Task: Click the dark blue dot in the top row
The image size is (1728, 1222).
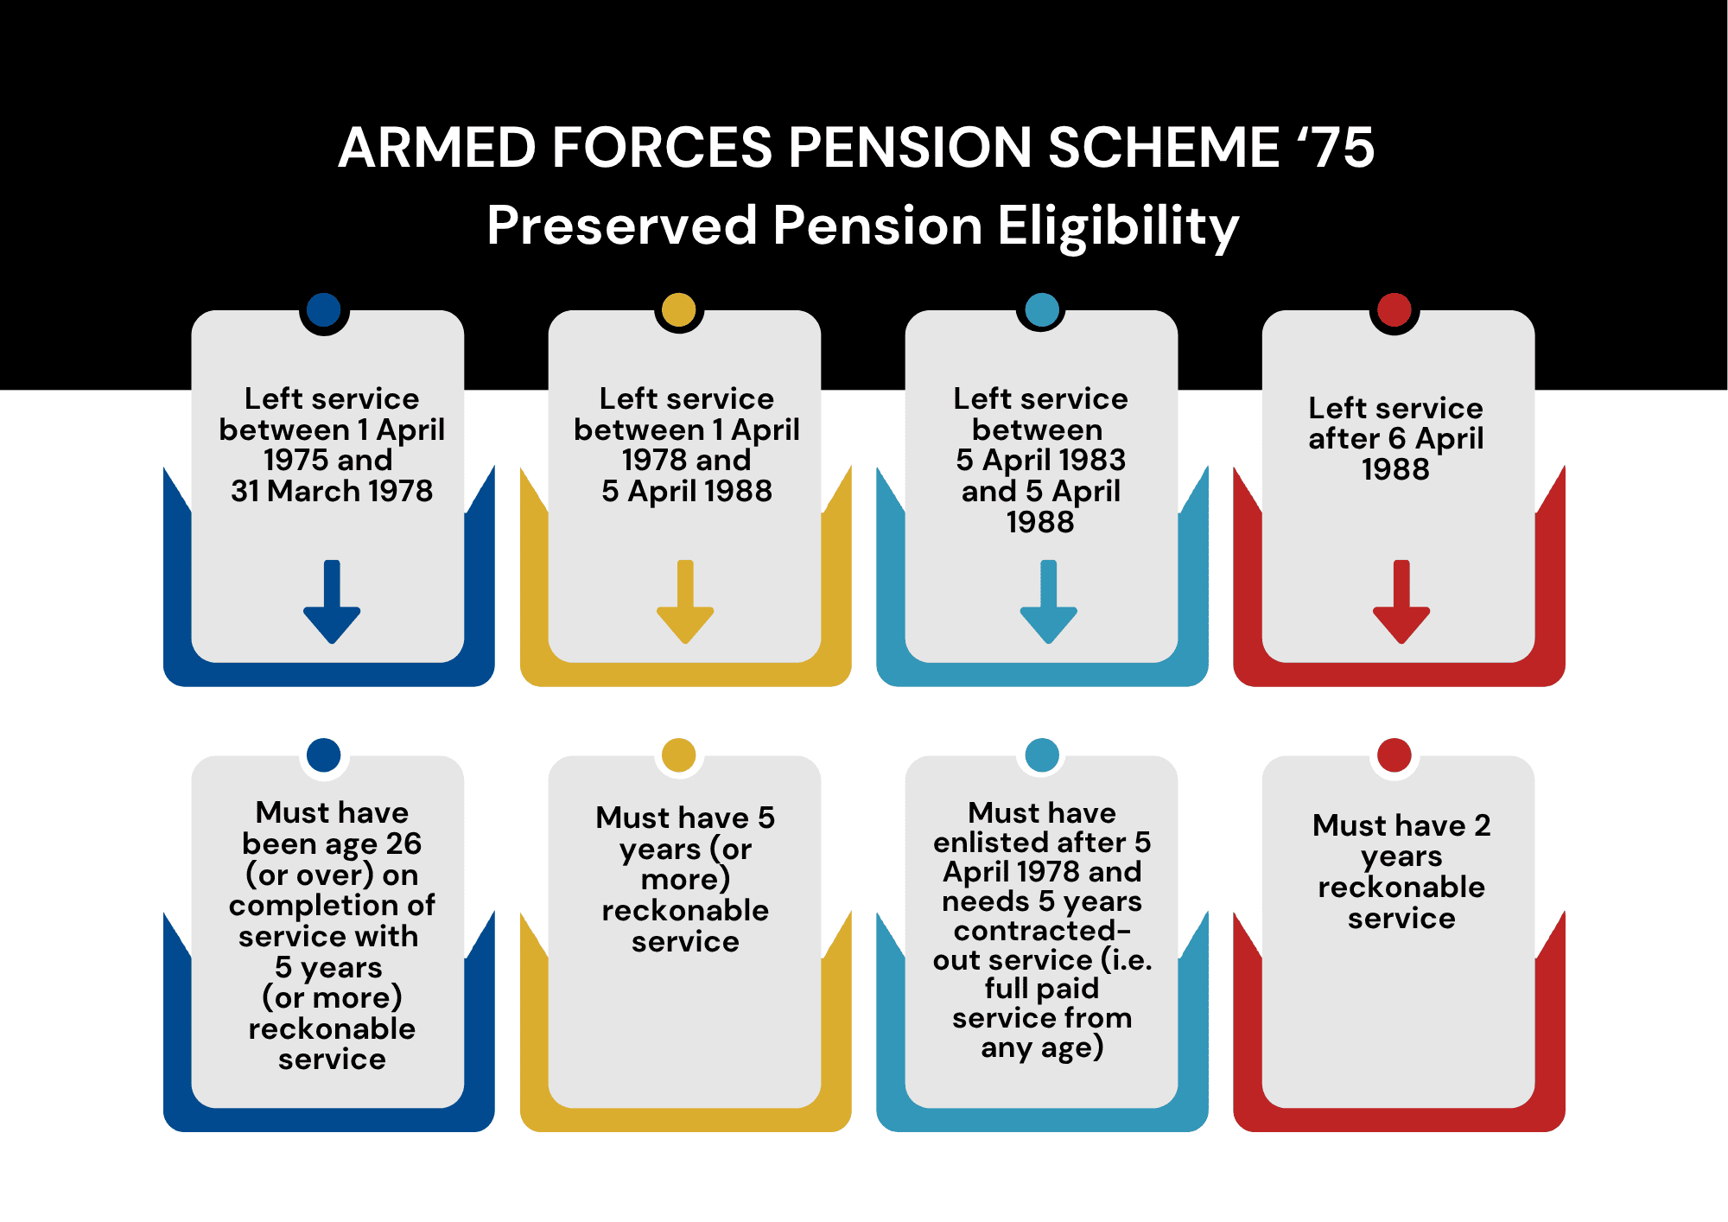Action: [324, 309]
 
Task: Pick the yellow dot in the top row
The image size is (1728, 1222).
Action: [679, 309]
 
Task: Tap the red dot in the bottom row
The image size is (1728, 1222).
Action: [1394, 754]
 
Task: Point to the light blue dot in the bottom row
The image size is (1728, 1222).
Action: [1042, 754]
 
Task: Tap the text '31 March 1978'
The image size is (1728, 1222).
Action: [332, 491]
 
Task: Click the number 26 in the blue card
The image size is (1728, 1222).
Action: [403, 843]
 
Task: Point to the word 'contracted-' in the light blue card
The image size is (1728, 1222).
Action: [1042, 931]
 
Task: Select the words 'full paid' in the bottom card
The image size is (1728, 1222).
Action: [1042, 989]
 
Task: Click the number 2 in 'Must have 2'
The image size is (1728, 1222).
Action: [1483, 825]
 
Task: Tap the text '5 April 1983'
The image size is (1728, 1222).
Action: [1041, 460]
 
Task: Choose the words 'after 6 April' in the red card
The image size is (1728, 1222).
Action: [1395, 439]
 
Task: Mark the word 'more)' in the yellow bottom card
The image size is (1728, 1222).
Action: [685, 880]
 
